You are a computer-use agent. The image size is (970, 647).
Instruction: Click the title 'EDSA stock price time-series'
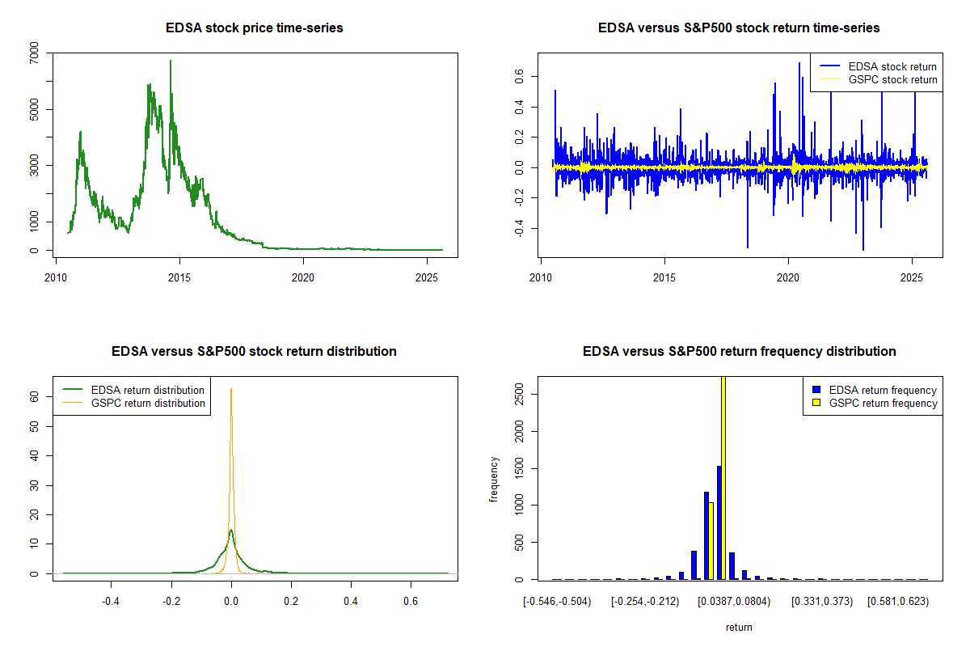pyautogui.click(x=255, y=28)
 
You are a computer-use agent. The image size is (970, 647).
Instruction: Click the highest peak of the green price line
pyautogui.click(x=171, y=61)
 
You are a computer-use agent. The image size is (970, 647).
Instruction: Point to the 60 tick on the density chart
pyautogui.click(x=35, y=396)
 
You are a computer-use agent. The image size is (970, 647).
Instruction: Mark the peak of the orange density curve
pyautogui.click(x=231, y=388)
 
